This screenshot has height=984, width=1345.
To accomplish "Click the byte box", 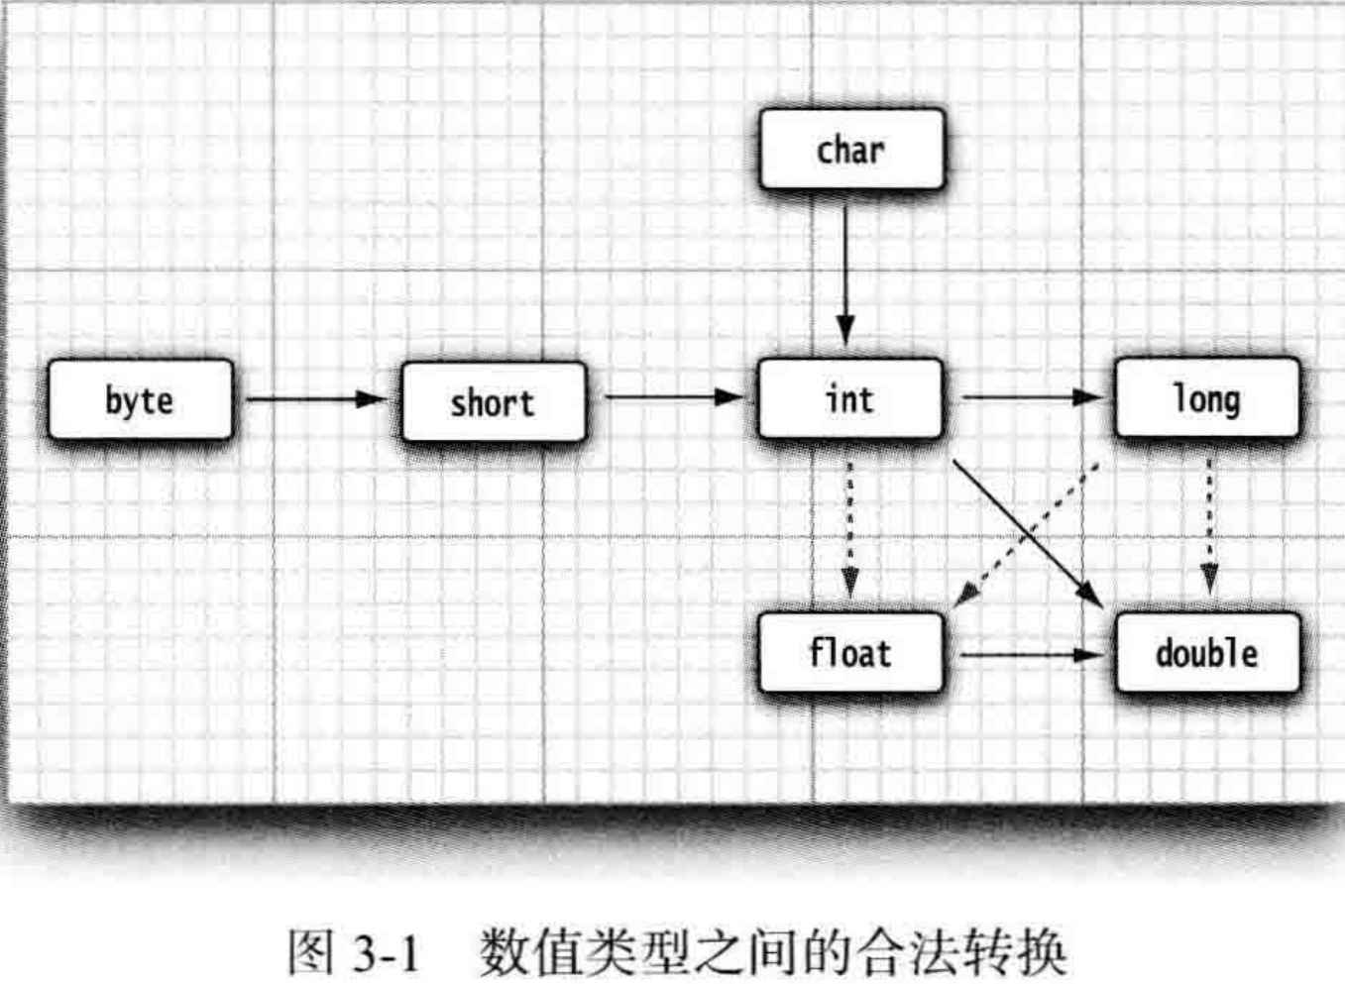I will [140, 400].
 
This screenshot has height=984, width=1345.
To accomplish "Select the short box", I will [493, 402].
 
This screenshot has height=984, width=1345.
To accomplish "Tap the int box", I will [849, 398].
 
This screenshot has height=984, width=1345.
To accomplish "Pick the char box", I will [850, 150].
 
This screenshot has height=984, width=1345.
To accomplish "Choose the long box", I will [1206, 398].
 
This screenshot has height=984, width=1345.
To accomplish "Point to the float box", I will [849, 653].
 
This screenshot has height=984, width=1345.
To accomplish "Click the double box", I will [1206, 653].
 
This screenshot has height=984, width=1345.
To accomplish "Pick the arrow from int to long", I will [1031, 397].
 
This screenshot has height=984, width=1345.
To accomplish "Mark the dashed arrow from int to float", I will [849, 525].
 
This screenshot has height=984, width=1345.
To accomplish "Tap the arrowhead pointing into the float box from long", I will [965, 594].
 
